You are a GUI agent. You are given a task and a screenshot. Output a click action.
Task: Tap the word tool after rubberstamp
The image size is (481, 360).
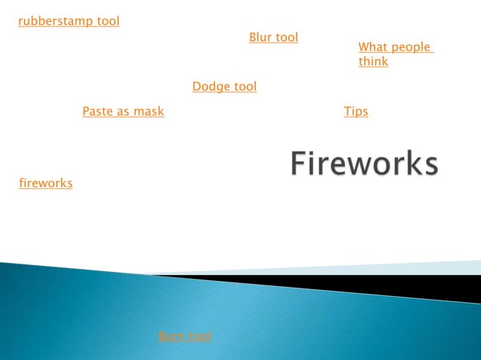[108, 21]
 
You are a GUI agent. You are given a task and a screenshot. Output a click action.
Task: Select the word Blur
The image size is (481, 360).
[261, 37]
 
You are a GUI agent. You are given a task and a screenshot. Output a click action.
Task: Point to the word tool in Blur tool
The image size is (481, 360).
[287, 37]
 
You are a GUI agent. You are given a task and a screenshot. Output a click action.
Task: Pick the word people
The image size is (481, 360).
[411, 47]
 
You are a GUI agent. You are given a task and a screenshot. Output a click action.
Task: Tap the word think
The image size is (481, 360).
[373, 62]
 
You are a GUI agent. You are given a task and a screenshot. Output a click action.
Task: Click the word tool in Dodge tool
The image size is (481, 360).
[244, 87]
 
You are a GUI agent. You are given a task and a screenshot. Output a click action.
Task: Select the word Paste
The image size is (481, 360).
[98, 111]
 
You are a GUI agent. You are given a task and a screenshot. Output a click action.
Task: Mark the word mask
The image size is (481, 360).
[149, 111]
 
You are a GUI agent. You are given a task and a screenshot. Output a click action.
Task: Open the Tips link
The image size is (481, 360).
[356, 111]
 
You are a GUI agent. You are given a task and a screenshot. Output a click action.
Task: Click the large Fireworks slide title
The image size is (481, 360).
[364, 163]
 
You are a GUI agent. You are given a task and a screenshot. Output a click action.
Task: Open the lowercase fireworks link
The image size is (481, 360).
[45, 183]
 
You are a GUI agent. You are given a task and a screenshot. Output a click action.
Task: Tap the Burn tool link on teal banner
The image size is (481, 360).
[185, 337]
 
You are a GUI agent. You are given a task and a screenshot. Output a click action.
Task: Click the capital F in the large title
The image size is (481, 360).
[300, 163]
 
